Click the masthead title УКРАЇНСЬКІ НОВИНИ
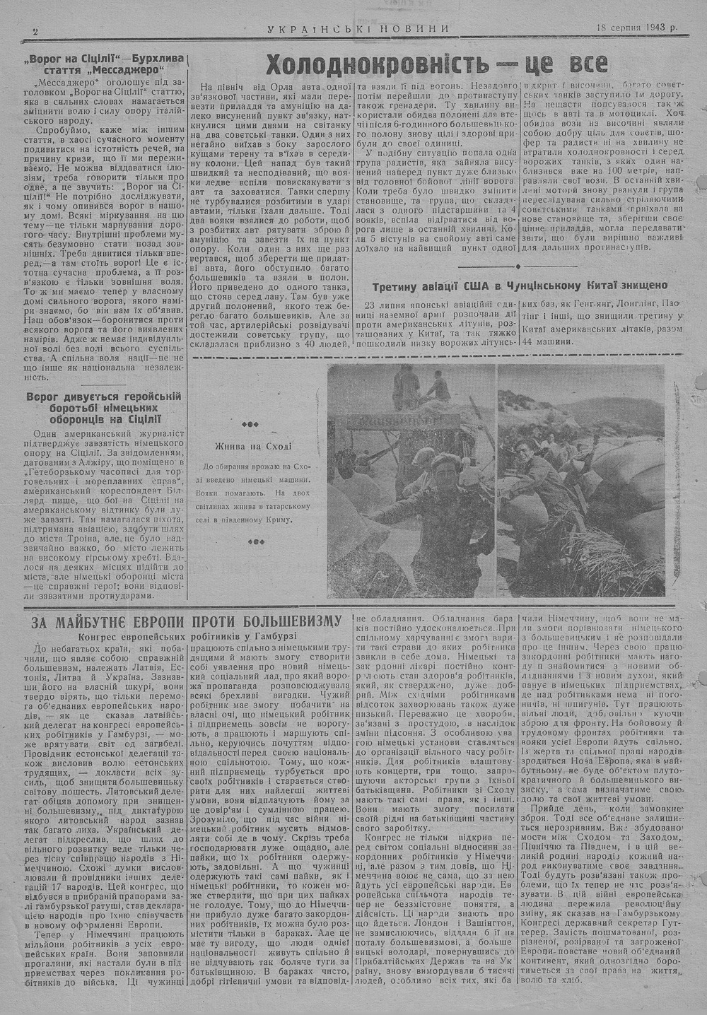point(358,28)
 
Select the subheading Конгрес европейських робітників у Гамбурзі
point(187,635)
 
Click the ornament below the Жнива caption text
point(249,542)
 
